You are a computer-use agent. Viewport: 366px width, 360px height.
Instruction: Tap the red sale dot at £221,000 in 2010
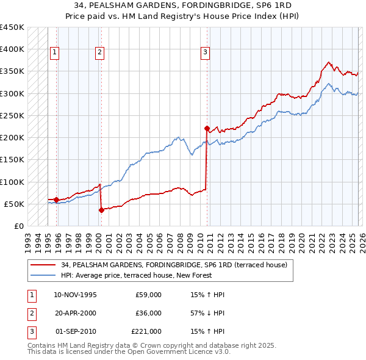[207, 128]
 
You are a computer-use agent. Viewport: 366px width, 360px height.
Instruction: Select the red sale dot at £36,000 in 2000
[101, 210]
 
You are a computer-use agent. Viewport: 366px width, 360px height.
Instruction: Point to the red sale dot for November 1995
[57, 200]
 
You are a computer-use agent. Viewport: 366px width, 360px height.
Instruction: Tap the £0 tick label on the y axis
[18, 226]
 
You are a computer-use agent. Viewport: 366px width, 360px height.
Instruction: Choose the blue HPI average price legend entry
[135, 276]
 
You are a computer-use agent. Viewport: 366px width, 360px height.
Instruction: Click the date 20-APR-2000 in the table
[75, 313]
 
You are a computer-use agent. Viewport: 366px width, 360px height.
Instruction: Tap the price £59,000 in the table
[148, 295]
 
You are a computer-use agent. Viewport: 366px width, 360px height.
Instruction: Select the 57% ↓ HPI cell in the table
[207, 313]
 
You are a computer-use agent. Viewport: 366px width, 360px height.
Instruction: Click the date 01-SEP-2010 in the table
[76, 331]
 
